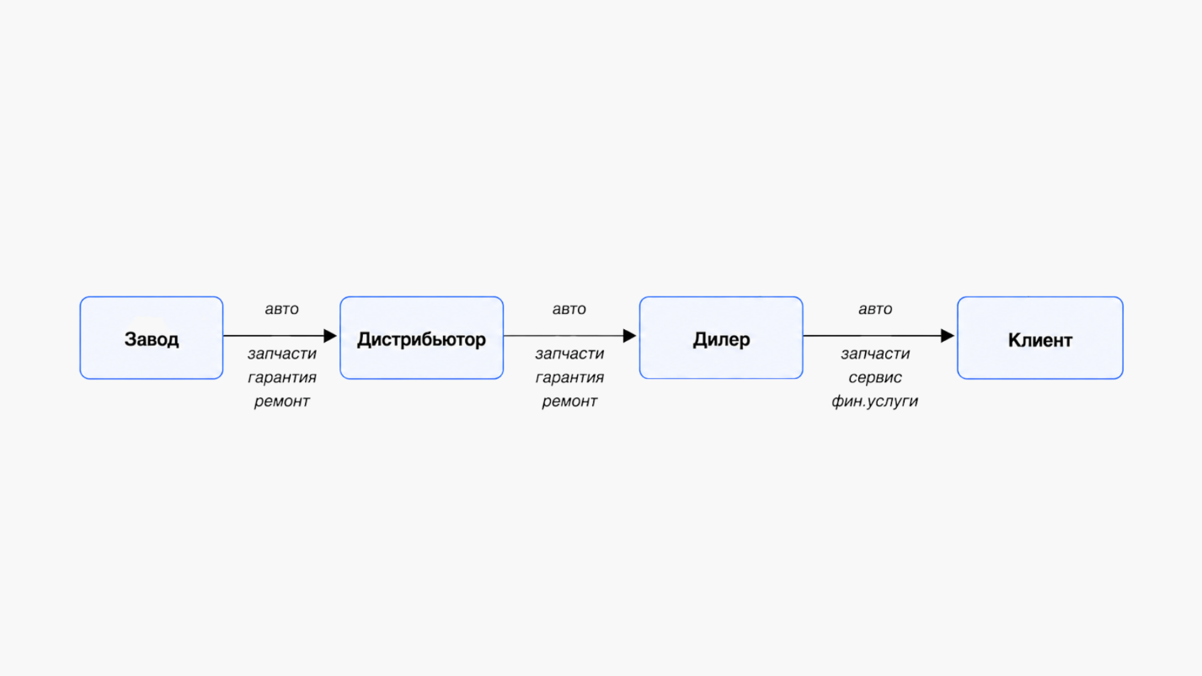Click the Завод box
(152, 338)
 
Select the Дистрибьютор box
(422, 338)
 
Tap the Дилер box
(721, 338)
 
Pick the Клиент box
(1040, 338)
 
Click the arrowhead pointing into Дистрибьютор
(330, 336)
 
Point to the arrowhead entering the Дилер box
(630, 336)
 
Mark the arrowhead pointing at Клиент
(948, 336)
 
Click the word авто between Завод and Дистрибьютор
(281, 310)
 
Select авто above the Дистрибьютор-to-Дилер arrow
(569, 310)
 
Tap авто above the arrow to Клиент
(875, 310)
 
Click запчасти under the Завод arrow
(282, 354)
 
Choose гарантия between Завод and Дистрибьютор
(282, 378)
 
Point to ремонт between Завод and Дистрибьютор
(281, 402)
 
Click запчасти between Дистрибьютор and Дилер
(570, 354)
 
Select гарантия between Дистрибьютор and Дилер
(570, 378)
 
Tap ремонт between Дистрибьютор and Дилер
(569, 402)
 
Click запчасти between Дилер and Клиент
(875, 354)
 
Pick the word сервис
(875, 378)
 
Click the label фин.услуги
(874, 402)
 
